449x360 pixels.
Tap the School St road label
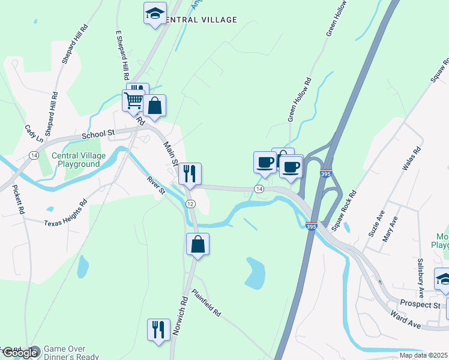click(x=98, y=134)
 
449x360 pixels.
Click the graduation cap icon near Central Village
click(x=155, y=13)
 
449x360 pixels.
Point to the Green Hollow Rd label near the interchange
click(x=300, y=100)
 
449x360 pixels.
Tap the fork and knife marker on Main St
click(x=190, y=174)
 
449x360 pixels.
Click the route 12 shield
click(x=190, y=204)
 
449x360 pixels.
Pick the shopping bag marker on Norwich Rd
click(x=197, y=245)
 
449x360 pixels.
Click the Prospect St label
click(x=420, y=305)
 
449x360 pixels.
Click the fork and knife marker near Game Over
click(x=158, y=329)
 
